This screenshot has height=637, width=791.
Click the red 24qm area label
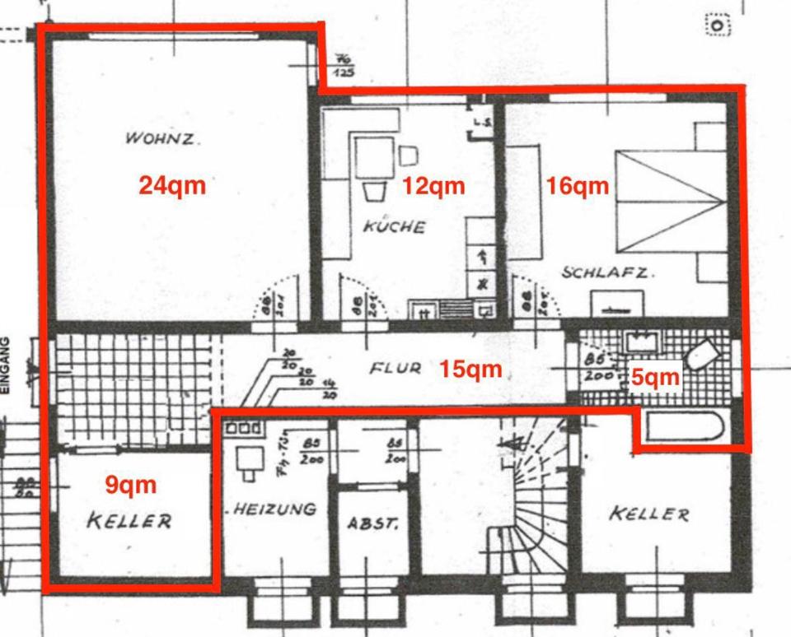[x=171, y=185]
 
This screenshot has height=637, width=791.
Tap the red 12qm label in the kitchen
[x=433, y=186]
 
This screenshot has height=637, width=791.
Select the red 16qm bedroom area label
[x=578, y=186]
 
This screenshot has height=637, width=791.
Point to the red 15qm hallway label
[x=470, y=369]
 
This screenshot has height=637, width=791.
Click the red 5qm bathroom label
[x=656, y=377]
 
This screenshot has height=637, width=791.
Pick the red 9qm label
[x=130, y=485]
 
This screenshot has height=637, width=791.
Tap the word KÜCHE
[x=394, y=226]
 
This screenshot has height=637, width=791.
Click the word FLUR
[x=395, y=369]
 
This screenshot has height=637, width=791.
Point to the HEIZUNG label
[x=274, y=509]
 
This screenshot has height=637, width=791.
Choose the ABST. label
[x=373, y=523]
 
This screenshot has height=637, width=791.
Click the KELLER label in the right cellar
[x=648, y=514]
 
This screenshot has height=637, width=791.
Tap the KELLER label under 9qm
[x=129, y=521]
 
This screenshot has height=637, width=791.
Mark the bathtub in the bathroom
[x=685, y=428]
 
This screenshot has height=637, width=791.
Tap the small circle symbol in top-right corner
[x=718, y=26]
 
